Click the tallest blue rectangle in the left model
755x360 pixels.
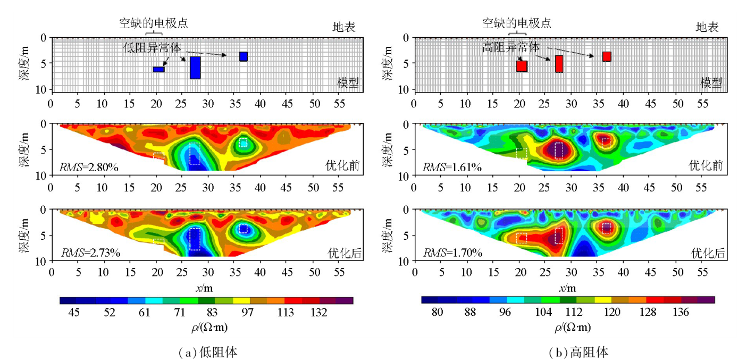195,68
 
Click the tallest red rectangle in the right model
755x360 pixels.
559,64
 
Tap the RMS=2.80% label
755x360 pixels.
88,168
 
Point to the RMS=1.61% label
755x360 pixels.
452,168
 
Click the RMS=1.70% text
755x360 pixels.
452,253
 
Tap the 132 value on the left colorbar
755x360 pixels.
318,313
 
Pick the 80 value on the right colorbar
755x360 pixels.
437,313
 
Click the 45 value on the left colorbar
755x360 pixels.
74,313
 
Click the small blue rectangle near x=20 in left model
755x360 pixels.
158,69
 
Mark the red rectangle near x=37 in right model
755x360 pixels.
607,56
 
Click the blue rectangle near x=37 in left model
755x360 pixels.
243,56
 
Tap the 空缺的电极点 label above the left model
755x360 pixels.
153,23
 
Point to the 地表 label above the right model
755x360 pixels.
708,27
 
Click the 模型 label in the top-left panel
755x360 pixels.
348,82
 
